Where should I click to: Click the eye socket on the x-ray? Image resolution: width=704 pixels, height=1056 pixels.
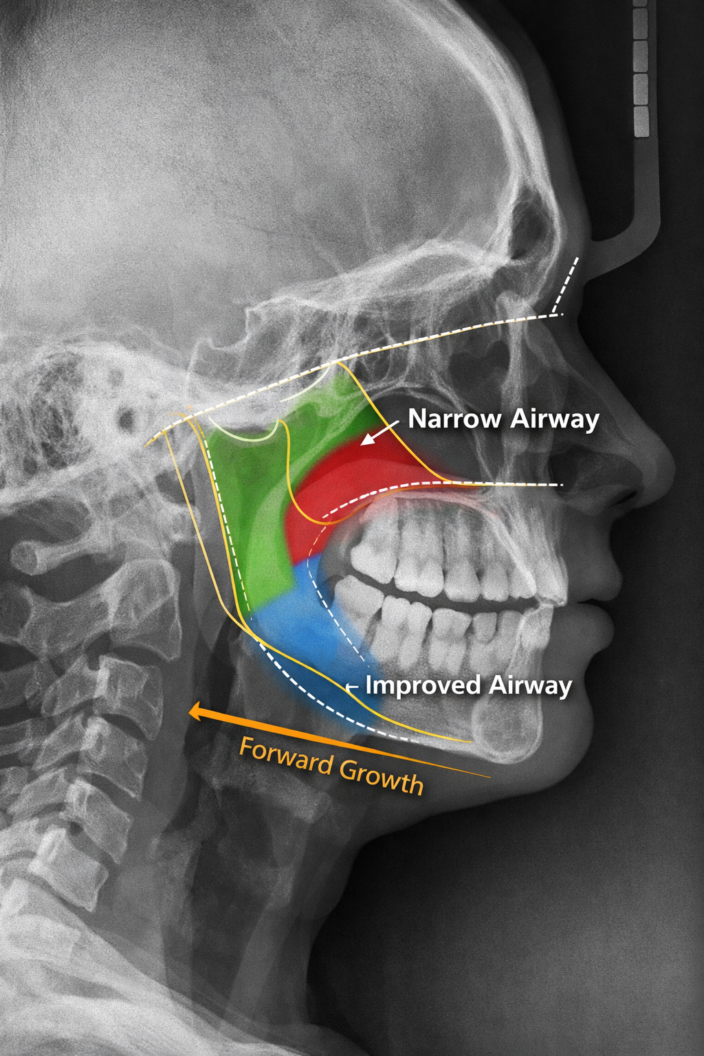click(x=481, y=385)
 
